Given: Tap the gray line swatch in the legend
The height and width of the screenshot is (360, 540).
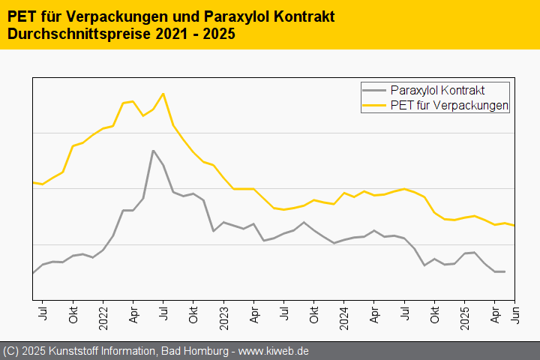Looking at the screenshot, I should [374, 91].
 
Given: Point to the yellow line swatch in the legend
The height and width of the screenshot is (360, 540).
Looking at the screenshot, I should [374, 106].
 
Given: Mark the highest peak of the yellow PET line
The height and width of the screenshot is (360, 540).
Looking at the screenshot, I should [163, 94].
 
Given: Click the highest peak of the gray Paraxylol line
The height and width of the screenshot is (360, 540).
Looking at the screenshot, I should [153, 151].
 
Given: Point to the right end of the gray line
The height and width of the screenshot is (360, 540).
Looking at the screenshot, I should [504, 271].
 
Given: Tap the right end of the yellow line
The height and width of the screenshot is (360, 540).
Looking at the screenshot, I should [514, 225].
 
